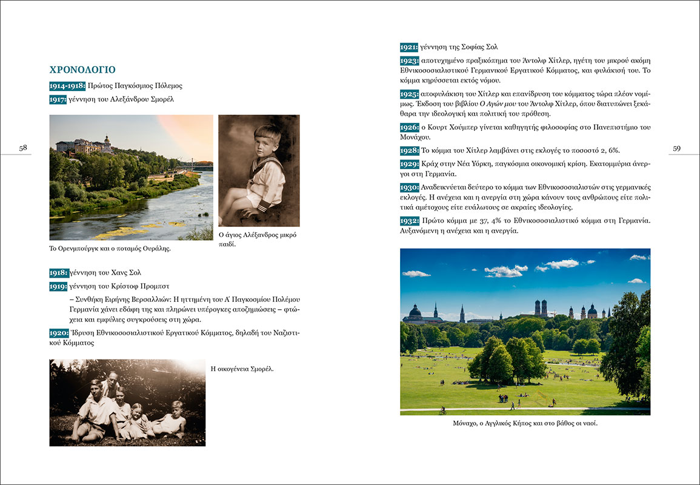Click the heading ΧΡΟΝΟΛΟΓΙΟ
click(x=82, y=70)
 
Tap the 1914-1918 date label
click(x=67, y=86)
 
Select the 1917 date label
click(x=58, y=99)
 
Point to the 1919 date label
click(x=59, y=286)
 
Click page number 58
click(x=23, y=148)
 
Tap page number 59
click(x=676, y=149)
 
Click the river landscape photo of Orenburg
click(x=131, y=178)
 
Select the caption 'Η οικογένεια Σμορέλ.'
click(x=242, y=368)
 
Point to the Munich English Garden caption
click(x=525, y=423)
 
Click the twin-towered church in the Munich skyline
click(x=541, y=307)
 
